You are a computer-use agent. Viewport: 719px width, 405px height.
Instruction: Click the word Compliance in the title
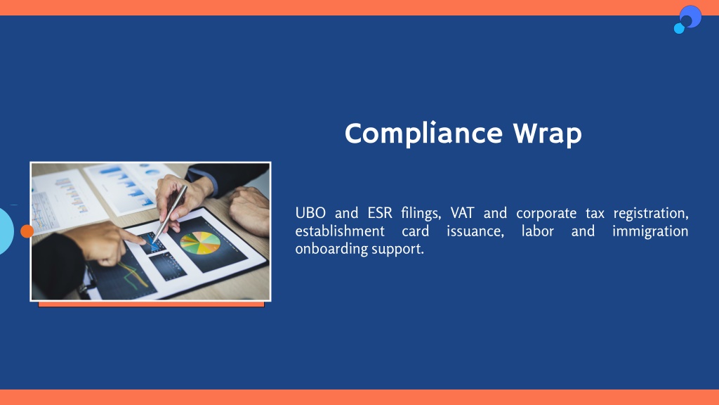point(423,134)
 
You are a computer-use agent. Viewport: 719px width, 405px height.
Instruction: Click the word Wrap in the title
point(548,134)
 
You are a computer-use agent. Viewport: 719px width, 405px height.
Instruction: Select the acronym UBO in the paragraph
point(310,213)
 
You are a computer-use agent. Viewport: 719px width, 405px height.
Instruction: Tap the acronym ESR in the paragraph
point(380,213)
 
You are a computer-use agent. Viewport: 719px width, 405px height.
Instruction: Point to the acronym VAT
point(462,213)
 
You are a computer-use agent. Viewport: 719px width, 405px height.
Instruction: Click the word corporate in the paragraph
point(546,214)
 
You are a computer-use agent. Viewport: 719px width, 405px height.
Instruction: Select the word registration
point(651,214)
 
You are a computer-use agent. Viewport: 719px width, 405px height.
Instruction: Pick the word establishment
point(340,231)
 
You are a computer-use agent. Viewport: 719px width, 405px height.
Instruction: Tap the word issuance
point(475,231)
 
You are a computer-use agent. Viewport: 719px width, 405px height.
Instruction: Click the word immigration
point(650,231)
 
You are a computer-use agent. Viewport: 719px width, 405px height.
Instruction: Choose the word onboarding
point(331,249)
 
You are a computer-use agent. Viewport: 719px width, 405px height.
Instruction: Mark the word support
point(397,250)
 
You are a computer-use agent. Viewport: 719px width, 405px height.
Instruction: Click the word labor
point(537,231)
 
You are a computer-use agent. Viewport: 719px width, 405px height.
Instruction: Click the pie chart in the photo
point(200,243)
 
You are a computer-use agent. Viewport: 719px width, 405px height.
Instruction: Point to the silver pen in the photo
point(170,213)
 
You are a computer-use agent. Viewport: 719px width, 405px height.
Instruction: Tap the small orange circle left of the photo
point(27,231)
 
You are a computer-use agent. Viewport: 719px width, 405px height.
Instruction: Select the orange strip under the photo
point(152,304)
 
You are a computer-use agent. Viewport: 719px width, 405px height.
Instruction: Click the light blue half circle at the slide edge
point(6,231)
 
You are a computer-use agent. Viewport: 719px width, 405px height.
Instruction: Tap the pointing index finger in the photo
point(133,238)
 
